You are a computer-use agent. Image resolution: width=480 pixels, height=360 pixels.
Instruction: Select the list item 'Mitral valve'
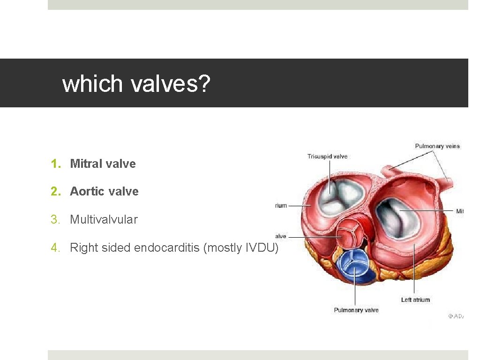103,164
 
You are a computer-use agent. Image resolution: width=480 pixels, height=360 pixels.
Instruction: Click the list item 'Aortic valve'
104,191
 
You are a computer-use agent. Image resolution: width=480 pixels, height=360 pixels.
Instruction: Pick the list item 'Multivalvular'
104,219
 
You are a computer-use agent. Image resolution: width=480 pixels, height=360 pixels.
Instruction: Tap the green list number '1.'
56,164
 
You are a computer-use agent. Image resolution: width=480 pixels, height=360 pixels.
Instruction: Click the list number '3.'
56,219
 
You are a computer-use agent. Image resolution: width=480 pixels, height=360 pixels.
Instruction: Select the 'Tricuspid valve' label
328,156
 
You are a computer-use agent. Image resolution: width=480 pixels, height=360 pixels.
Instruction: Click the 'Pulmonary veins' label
437,146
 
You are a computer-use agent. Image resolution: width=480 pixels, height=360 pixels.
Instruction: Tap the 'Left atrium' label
415,300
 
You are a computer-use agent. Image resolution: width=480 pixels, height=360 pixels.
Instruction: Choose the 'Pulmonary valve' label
356,310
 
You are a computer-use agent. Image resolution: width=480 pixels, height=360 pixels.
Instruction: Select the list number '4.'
56,247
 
